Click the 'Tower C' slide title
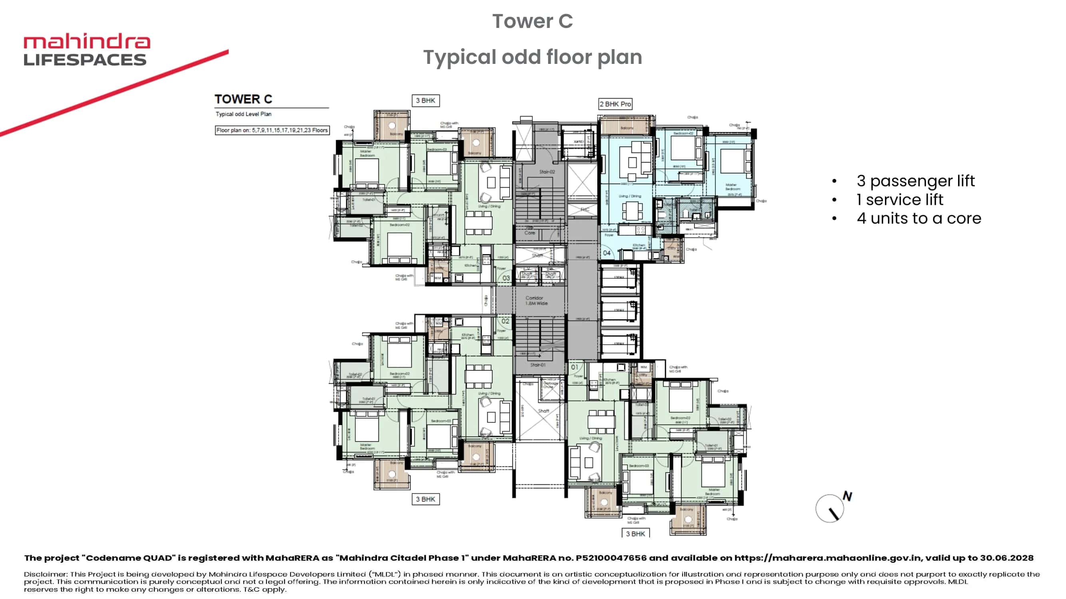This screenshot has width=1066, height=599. click(x=532, y=21)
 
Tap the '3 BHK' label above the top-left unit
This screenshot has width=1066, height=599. click(x=425, y=101)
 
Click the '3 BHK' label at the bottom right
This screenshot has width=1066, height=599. click(x=635, y=534)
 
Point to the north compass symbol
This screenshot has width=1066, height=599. click(x=831, y=508)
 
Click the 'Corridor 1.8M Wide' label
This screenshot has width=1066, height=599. click(x=536, y=301)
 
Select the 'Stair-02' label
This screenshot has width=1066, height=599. click(x=547, y=172)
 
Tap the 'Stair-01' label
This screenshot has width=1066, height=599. click(x=538, y=365)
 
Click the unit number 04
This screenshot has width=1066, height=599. click(x=607, y=253)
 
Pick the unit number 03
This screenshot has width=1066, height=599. click(x=506, y=278)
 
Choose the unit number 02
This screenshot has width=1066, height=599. click(x=505, y=321)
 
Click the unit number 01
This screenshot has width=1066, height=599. click(x=575, y=367)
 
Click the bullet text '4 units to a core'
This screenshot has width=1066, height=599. click(x=919, y=218)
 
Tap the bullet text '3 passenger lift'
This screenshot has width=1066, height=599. click(x=915, y=181)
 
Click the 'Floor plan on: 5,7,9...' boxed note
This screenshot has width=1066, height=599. click(x=272, y=130)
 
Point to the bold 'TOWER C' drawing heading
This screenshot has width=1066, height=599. click(x=243, y=99)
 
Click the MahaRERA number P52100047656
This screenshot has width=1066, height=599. click(x=611, y=558)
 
